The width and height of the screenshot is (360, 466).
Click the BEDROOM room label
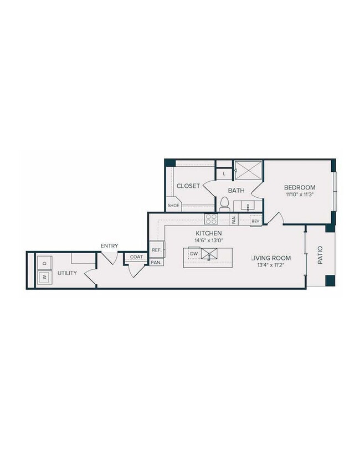[300, 187]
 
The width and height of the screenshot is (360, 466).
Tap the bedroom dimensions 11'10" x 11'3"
[300, 195]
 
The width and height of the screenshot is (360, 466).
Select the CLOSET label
[188, 186]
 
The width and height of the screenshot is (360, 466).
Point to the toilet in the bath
[224, 204]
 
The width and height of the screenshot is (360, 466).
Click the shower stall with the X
[248, 170]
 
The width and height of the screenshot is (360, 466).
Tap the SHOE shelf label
[174, 206]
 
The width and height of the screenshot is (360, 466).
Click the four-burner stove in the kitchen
[211, 218]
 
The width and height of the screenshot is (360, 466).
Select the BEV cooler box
[255, 221]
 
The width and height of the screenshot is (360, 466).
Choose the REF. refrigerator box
[156, 250]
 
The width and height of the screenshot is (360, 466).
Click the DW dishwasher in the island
[193, 254]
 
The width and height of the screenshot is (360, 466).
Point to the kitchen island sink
[210, 254]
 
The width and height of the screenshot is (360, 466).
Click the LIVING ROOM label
[271, 258]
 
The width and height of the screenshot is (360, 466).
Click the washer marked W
[44, 278]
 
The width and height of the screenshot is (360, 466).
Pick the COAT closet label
[136, 257]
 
